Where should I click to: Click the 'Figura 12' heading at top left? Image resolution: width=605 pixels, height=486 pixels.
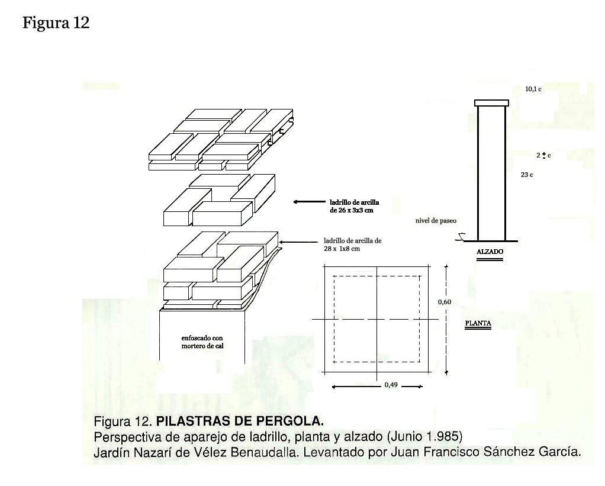coord(56,23)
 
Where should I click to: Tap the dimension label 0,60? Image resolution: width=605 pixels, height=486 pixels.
coord(445,302)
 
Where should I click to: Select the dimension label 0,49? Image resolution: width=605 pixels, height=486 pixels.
coord(391,385)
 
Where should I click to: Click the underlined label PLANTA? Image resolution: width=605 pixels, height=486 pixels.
coord(478,323)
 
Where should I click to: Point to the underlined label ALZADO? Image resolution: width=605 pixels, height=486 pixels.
coord(490,252)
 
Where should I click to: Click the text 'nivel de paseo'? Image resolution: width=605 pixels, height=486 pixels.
coord(436,221)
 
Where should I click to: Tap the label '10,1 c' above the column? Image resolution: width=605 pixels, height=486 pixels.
coord(533,89)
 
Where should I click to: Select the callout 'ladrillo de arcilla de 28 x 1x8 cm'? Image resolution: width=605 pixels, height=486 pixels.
coord(353,244)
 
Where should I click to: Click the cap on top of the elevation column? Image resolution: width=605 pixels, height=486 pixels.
coord(491,103)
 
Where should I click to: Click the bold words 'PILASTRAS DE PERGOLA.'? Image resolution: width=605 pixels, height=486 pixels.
coord(240,422)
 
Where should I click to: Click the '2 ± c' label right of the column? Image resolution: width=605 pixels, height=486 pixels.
coord(543,155)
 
